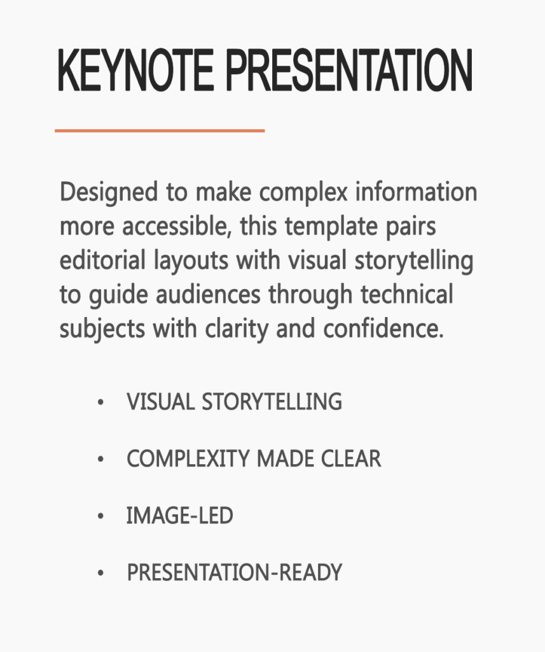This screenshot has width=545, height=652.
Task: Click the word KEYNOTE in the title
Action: coord(136,70)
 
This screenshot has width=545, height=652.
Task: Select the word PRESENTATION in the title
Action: coord(349,70)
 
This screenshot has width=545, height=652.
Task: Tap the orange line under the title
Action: coord(160,131)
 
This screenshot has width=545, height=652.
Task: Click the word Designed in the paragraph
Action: coord(109,193)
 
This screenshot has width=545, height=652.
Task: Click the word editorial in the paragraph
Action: coord(102,260)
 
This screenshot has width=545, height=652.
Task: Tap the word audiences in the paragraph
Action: coord(208,294)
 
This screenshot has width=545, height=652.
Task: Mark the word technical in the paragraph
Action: coord(406,294)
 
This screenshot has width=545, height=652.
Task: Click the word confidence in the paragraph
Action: coord(383,329)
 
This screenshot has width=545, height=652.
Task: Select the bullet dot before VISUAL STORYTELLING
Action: coord(100,402)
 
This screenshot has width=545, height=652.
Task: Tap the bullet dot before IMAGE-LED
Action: coord(100,516)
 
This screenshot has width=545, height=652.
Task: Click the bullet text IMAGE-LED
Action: coord(179,516)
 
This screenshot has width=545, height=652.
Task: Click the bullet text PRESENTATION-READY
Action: coord(234,572)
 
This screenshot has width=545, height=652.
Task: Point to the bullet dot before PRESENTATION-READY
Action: coord(100,573)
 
